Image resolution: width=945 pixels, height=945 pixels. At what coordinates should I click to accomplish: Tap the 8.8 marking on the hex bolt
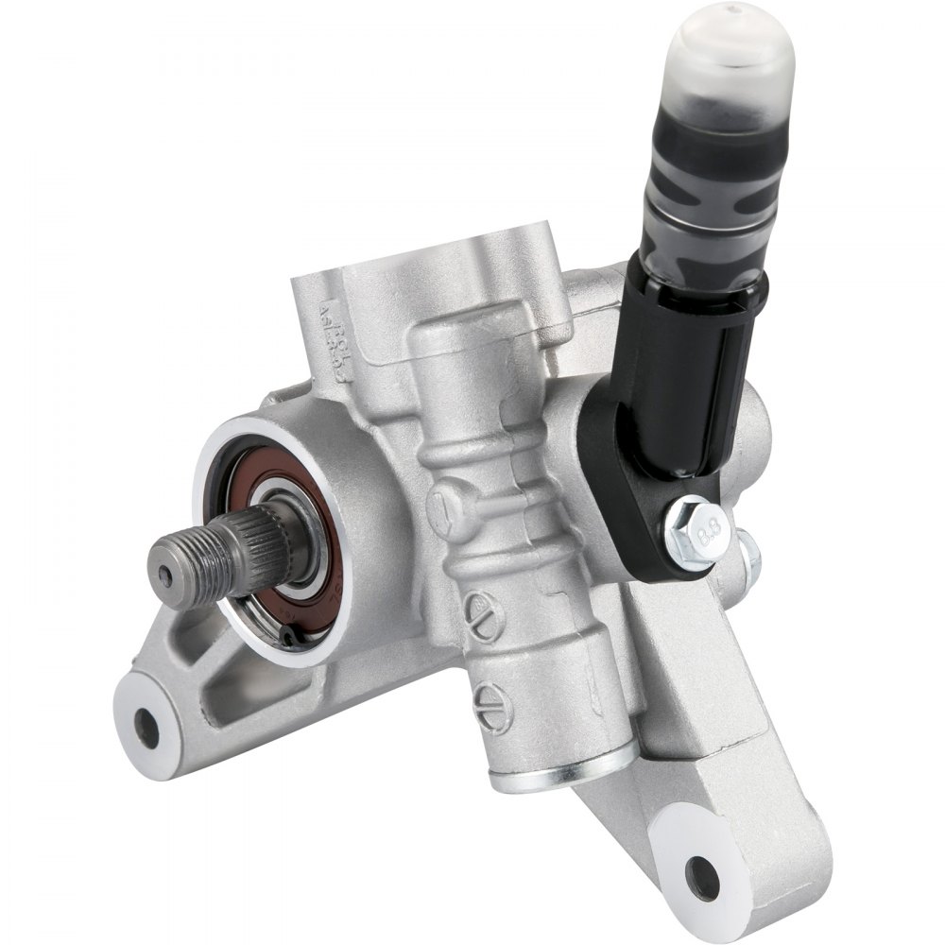click(x=705, y=538)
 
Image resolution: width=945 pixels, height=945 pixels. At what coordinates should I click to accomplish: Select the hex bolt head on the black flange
click(x=695, y=535)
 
